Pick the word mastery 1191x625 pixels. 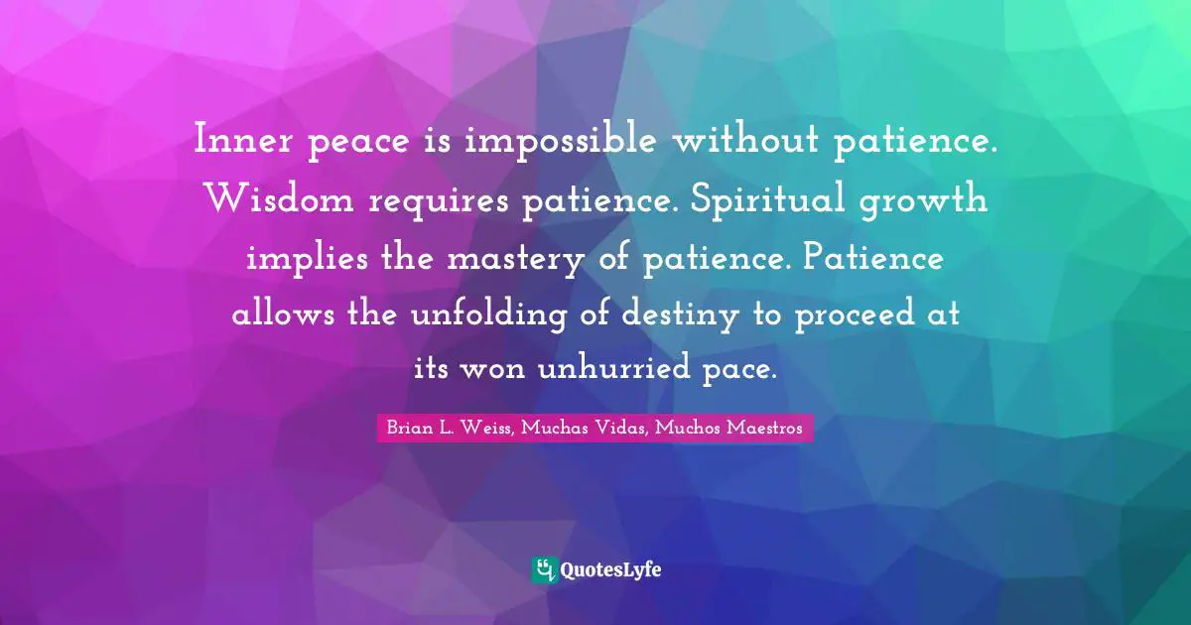(520, 259)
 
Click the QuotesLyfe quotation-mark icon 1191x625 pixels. (544, 569)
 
